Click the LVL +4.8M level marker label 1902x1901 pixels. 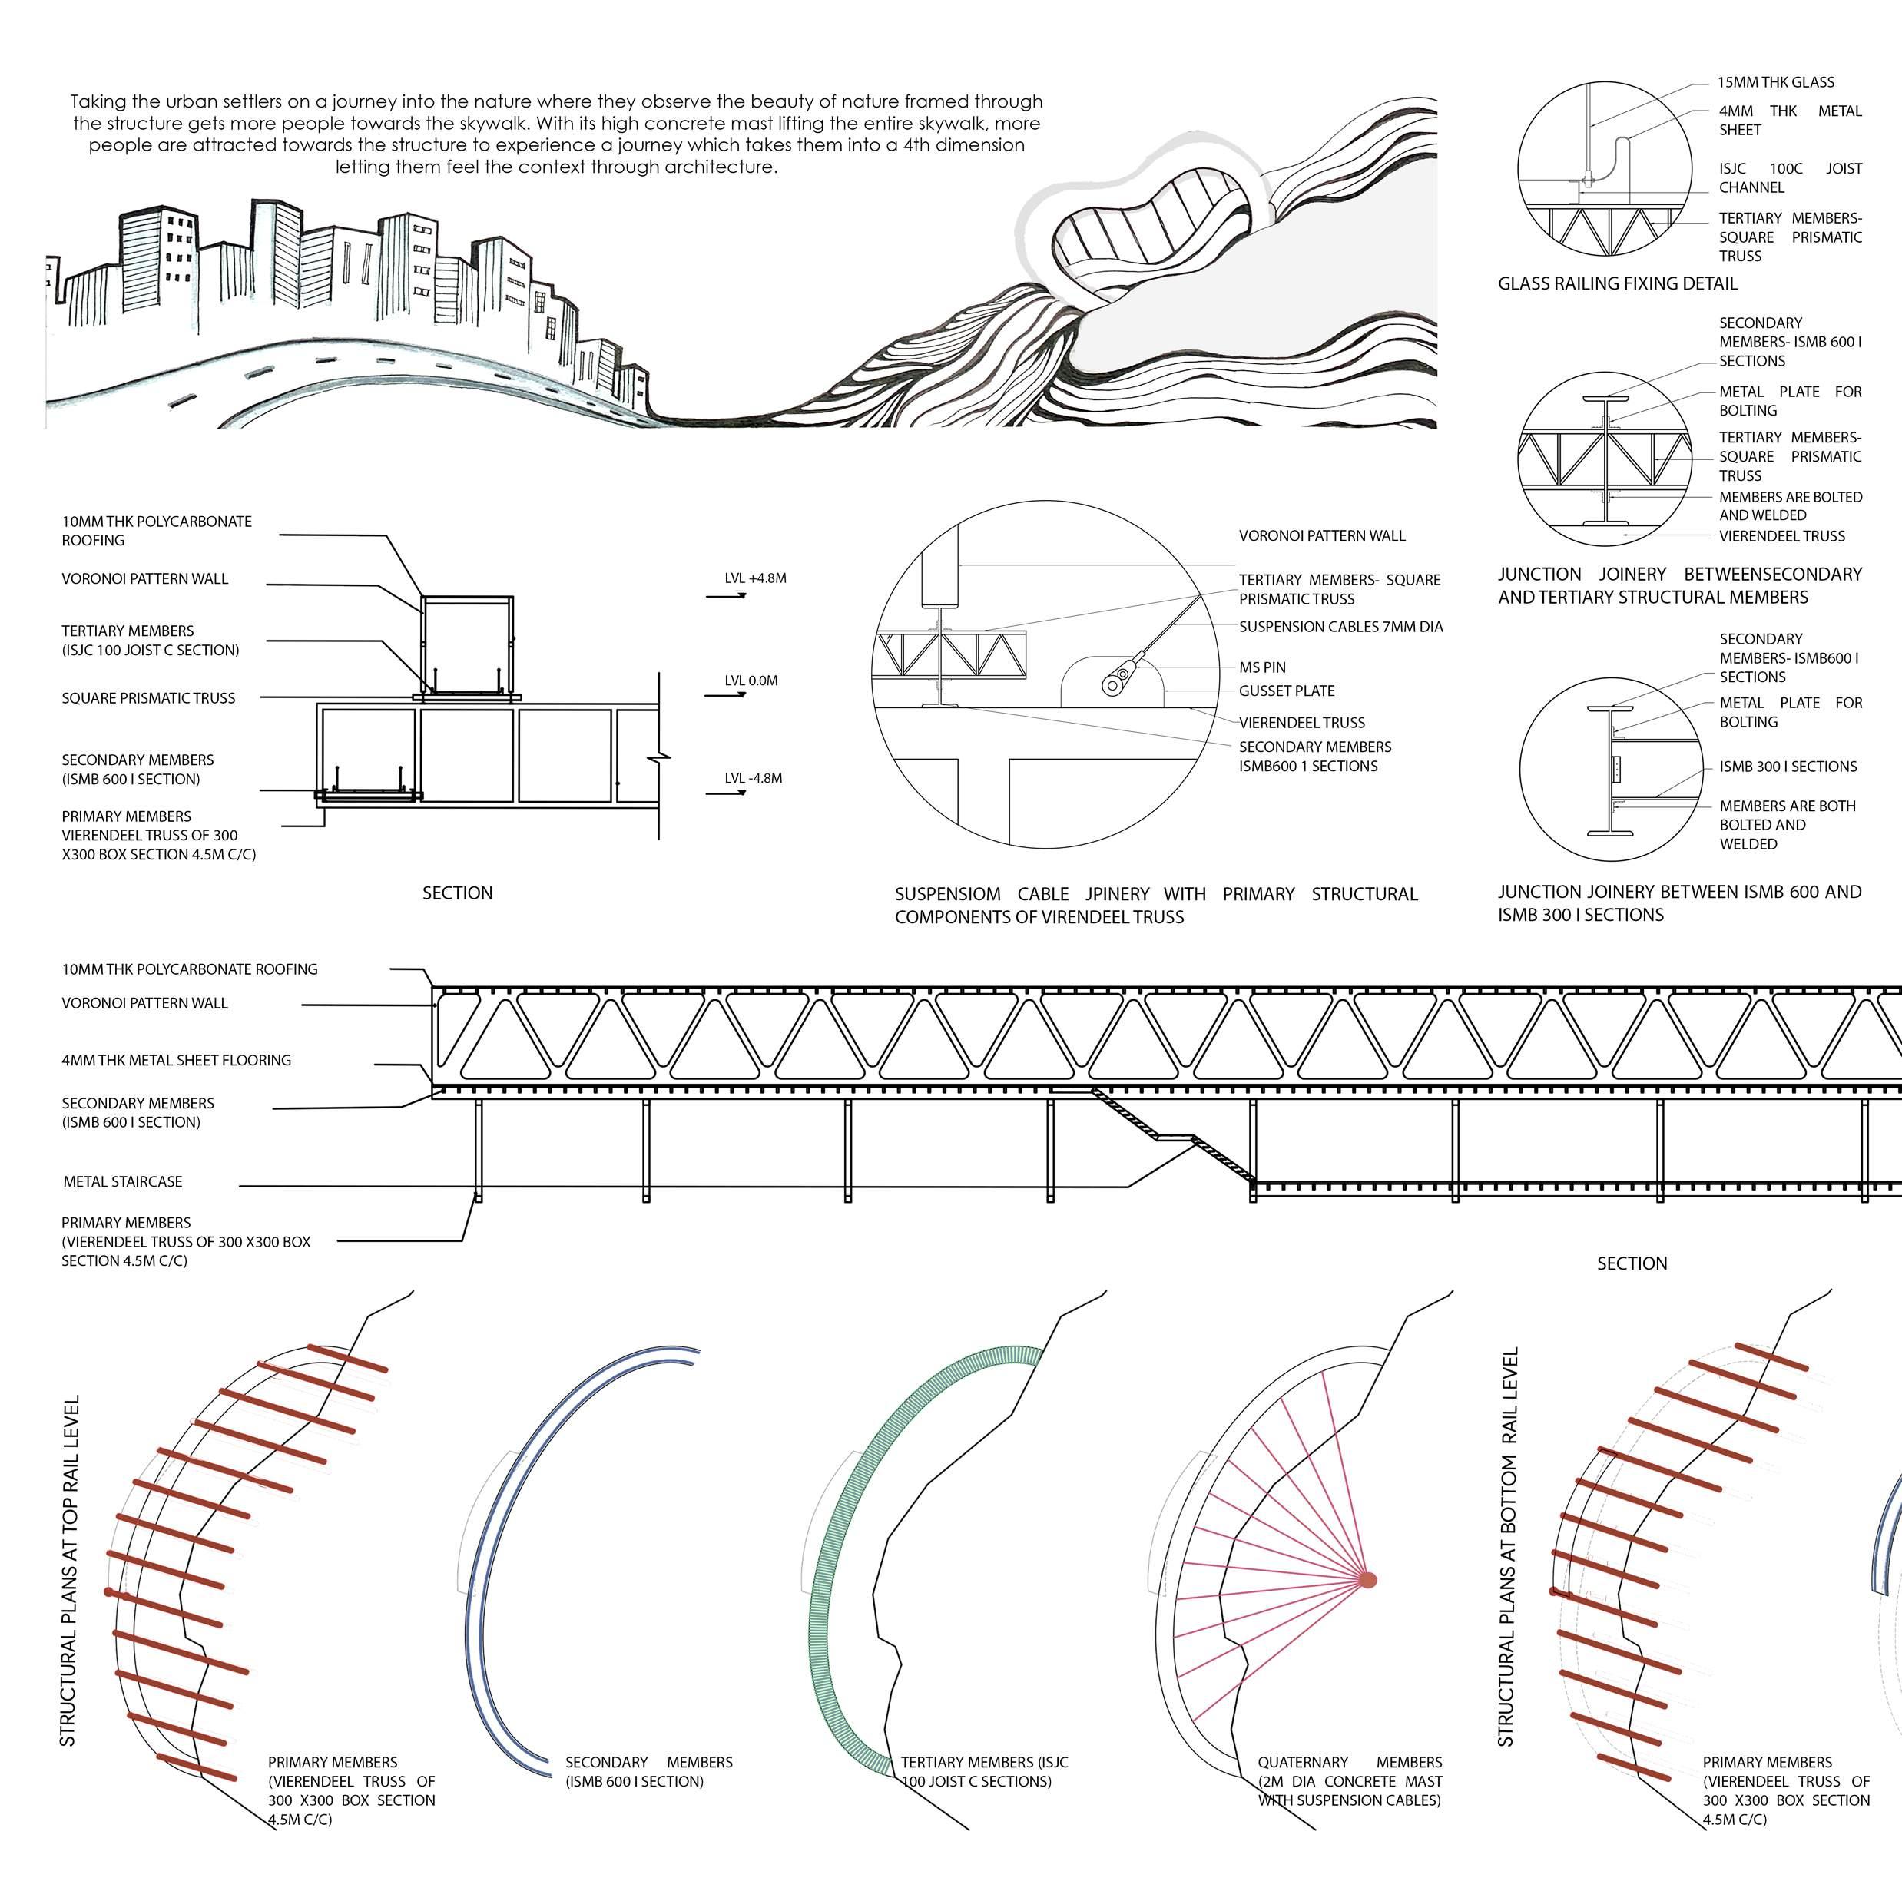point(755,578)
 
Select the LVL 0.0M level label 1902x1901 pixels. point(751,681)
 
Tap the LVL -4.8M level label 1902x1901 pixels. point(753,778)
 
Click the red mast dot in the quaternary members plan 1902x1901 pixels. point(1367,1580)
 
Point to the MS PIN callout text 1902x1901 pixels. point(1262,667)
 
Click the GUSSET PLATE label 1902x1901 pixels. point(1287,691)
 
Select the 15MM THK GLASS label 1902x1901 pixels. point(1776,83)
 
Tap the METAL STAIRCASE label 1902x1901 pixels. point(123,1181)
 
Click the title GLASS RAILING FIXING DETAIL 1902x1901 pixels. point(1618,283)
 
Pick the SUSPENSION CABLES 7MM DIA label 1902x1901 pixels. point(1341,626)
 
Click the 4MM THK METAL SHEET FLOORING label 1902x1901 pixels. point(176,1060)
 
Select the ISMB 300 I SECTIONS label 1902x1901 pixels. point(1788,766)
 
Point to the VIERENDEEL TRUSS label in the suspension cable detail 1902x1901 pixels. point(1301,723)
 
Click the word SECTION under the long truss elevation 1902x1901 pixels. point(1632,1263)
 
